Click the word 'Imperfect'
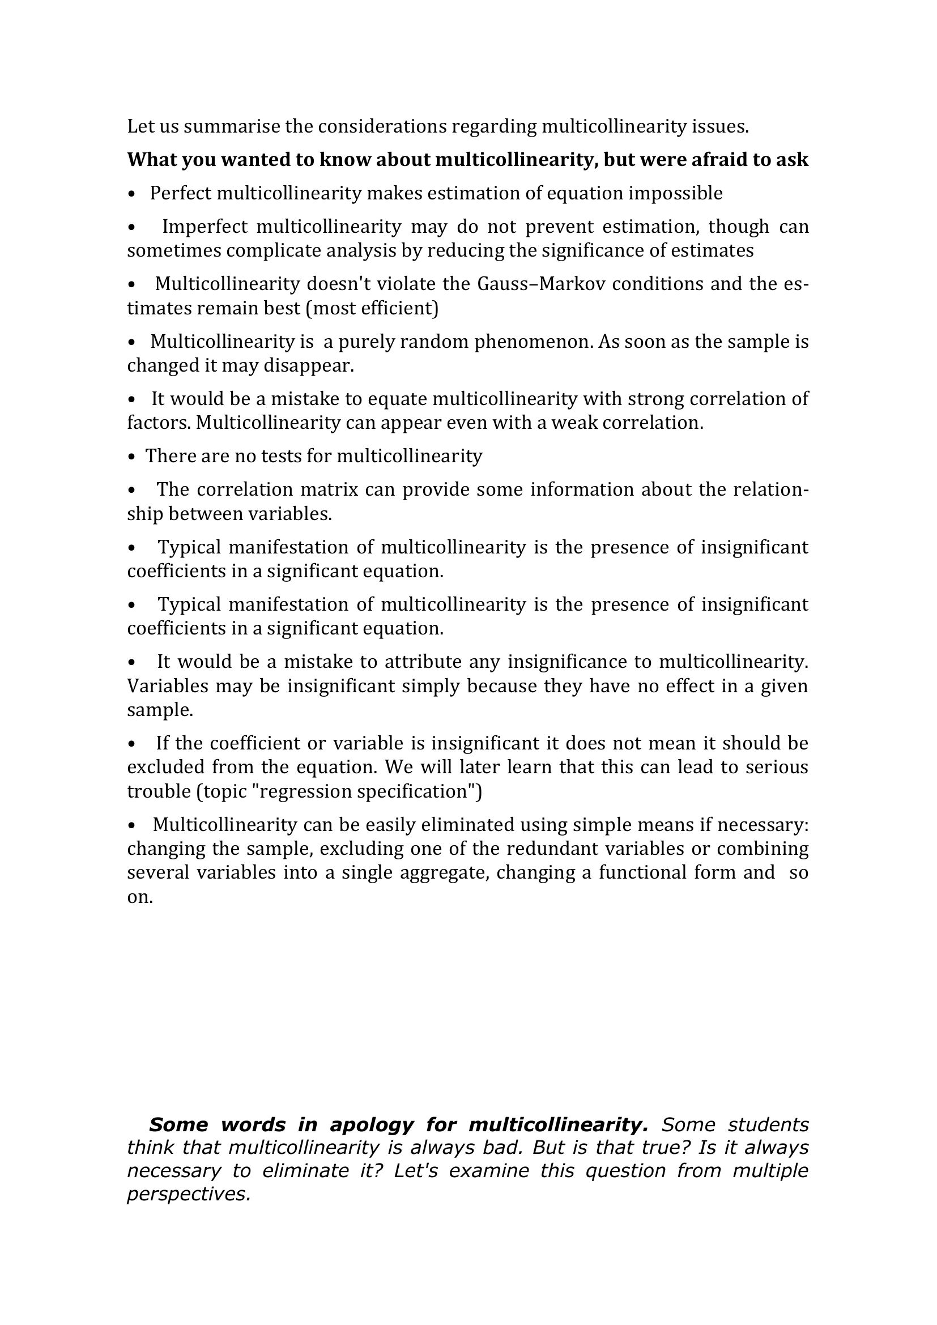tap(205, 227)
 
